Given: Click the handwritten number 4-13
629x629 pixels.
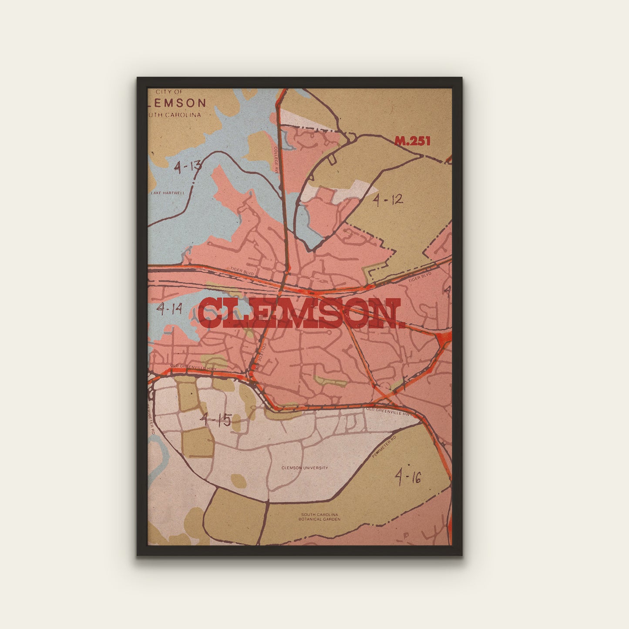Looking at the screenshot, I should [188, 166].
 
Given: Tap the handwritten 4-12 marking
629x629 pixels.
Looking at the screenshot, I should [388, 200].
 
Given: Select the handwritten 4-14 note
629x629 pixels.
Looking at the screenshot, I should [170, 309].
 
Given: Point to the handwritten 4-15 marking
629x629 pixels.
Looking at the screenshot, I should [215, 420].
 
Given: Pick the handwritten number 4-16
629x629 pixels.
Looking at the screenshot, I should [408, 477].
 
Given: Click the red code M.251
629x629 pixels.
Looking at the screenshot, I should [412, 141].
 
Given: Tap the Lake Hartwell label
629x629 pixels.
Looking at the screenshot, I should [168, 193].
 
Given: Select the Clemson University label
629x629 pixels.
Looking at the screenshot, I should [305, 468].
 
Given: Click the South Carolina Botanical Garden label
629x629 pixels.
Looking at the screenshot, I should [319, 517].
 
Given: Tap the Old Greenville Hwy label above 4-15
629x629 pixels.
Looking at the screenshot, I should [193, 367].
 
